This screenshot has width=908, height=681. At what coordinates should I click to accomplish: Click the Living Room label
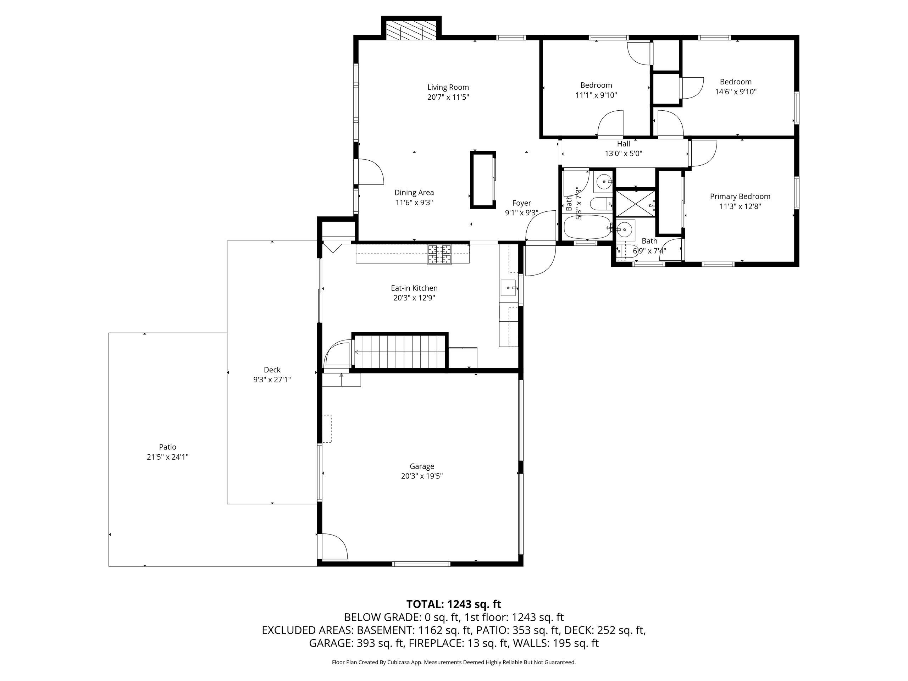tap(448, 87)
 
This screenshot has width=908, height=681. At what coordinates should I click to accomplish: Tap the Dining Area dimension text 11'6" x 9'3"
tap(414, 203)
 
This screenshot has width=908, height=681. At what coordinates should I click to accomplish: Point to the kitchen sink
tap(509, 288)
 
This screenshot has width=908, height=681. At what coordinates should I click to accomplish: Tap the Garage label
tap(422, 466)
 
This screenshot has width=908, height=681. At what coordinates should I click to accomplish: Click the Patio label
tap(167, 447)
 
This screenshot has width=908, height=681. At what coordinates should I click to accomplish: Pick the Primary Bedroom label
tap(740, 196)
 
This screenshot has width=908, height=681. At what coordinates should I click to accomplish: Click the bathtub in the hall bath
tap(587, 227)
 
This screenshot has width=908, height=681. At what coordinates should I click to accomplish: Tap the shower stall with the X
tap(636, 203)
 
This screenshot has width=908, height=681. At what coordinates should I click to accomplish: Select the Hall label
tap(624, 144)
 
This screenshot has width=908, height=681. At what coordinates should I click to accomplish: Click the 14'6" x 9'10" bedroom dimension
tap(736, 92)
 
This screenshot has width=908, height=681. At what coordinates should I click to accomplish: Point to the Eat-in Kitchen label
tap(414, 288)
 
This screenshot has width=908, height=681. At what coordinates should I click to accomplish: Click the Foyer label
tap(522, 203)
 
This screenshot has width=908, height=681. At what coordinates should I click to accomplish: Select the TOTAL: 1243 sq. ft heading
tap(454, 604)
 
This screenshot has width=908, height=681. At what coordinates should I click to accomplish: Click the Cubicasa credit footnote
tap(454, 662)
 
